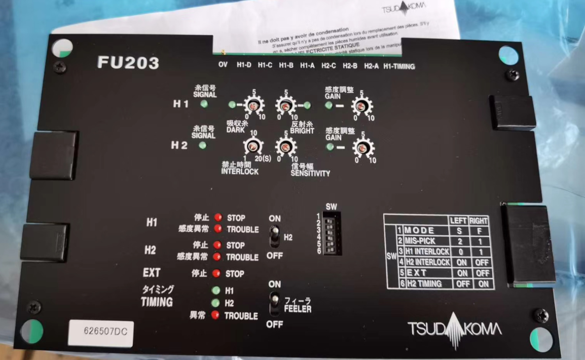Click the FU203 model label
128,62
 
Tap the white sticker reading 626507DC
101,332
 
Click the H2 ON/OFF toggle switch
275,236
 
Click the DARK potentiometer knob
253,106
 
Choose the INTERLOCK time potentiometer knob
253,147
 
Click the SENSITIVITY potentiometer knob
285,147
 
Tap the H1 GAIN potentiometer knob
362,106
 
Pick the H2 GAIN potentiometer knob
362,148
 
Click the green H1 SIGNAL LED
204,104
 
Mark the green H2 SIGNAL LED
202,145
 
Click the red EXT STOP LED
216,273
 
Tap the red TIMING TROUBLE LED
215,315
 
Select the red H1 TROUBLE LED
218,229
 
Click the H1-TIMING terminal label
399,66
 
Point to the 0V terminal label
223,64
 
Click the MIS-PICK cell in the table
420,241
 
